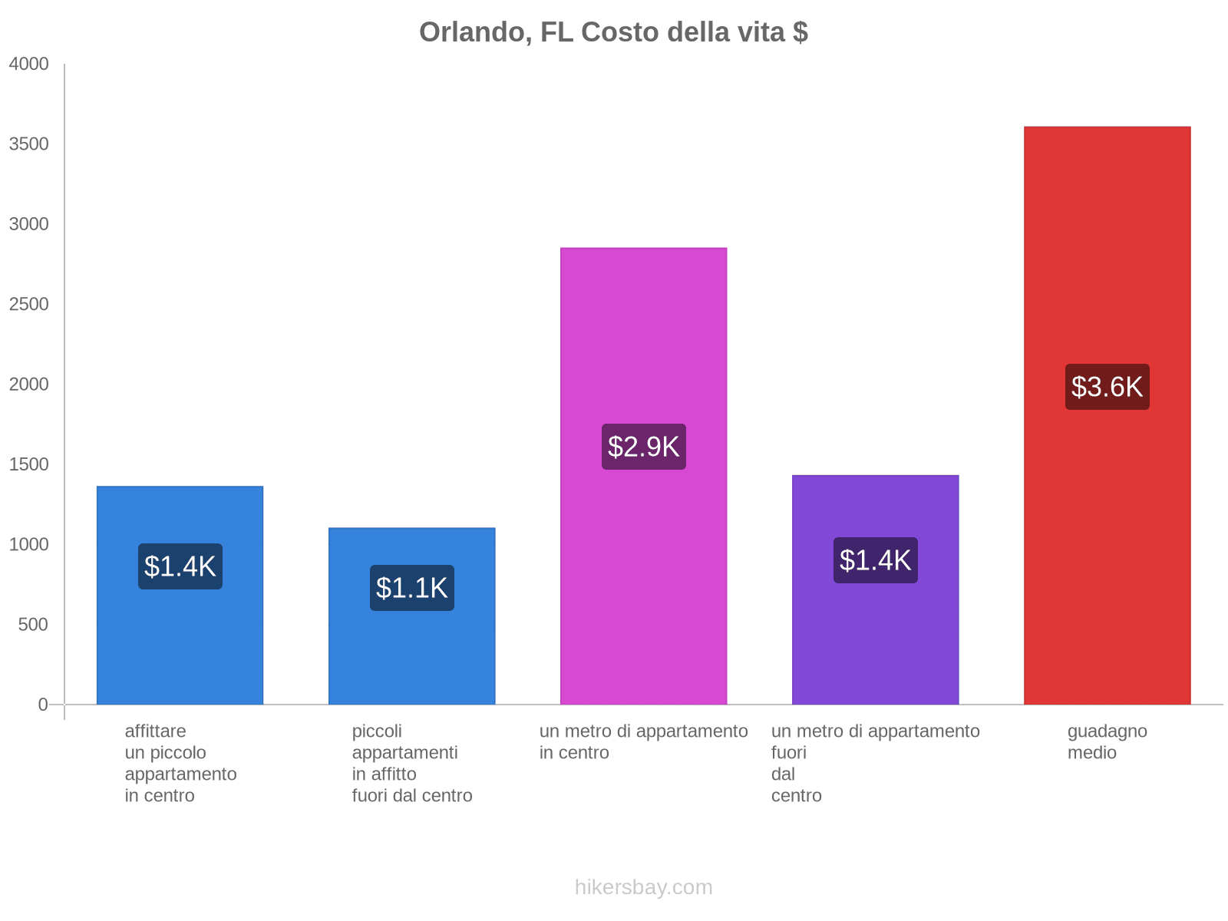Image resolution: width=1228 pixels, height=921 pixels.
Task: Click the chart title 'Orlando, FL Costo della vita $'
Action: click(613, 32)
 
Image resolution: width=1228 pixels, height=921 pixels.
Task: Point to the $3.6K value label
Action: click(1107, 387)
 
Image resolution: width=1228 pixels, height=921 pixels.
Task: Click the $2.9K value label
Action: click(643, 447)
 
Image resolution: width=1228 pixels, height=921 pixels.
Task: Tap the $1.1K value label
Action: click(411, 588)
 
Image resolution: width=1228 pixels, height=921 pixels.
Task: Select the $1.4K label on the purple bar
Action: click(875, 560)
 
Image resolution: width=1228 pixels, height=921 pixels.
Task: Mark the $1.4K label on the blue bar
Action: click(180, 566)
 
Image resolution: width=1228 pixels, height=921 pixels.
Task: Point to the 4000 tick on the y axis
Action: click(29, 64)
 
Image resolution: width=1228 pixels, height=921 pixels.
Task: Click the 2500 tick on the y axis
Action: click(29, 305)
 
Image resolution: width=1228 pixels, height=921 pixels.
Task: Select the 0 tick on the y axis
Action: click(43, 705)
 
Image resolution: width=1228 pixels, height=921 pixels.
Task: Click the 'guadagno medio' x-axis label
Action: click(1107, 742)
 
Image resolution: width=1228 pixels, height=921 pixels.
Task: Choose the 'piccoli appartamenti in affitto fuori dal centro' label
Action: click(411, 764)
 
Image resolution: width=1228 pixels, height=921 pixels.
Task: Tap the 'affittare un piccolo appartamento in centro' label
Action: click(180, 764)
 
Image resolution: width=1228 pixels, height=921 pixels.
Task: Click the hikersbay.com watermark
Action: click(643, 887)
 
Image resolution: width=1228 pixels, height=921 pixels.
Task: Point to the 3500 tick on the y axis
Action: click(29, 144)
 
